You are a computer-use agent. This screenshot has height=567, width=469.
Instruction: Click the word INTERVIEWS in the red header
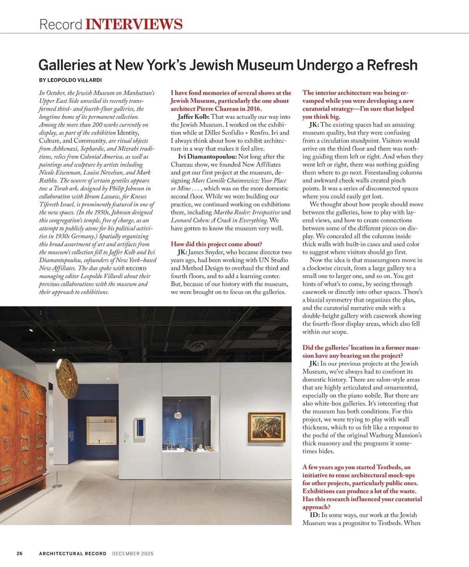[x=134, y=24]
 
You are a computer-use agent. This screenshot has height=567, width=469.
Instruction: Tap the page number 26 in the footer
[x=20, y=553]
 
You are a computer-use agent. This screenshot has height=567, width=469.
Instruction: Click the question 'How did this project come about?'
[x=216, y=244]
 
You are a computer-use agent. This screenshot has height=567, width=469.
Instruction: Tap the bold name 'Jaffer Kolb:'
[x=193, y=117]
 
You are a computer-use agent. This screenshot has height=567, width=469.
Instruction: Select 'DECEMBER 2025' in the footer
[x=132, y=553]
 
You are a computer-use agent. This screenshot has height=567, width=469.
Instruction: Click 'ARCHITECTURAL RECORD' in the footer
[x=73, y=553]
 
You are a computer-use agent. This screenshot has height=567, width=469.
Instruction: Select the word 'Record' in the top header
[x=61, y=24]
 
